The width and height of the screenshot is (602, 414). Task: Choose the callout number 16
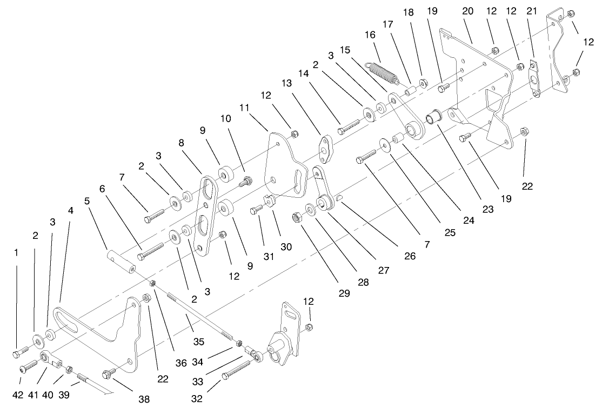tap(369, 34)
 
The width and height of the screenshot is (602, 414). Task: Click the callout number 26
tap(410, 256)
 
